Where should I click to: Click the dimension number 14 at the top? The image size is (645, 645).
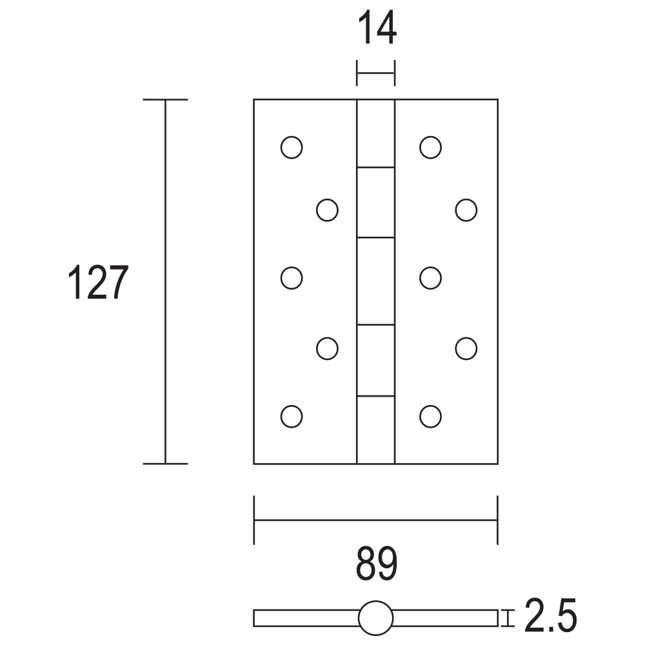[377, 28]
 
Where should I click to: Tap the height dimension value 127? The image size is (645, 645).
[98, 282]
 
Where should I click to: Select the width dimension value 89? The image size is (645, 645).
[377, 564]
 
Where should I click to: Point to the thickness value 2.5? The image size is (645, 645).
[550, 615]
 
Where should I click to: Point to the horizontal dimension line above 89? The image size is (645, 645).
[376, 521]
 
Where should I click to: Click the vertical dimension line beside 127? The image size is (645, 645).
[165, 282]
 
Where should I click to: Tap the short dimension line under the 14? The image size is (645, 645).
[375, 74]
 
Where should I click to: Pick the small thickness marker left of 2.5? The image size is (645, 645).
[508, 618]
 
